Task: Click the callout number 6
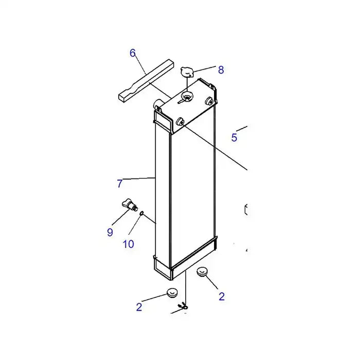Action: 133,53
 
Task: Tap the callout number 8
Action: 221,70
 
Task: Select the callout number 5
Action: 234,137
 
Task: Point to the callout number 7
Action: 120,183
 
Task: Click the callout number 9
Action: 110,232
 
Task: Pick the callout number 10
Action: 128,244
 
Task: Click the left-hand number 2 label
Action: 139,307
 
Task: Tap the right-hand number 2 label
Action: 222,296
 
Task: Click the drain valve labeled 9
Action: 129,205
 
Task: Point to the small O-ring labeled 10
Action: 141,213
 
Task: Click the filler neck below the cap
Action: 187,96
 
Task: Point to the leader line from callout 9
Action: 118,219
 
